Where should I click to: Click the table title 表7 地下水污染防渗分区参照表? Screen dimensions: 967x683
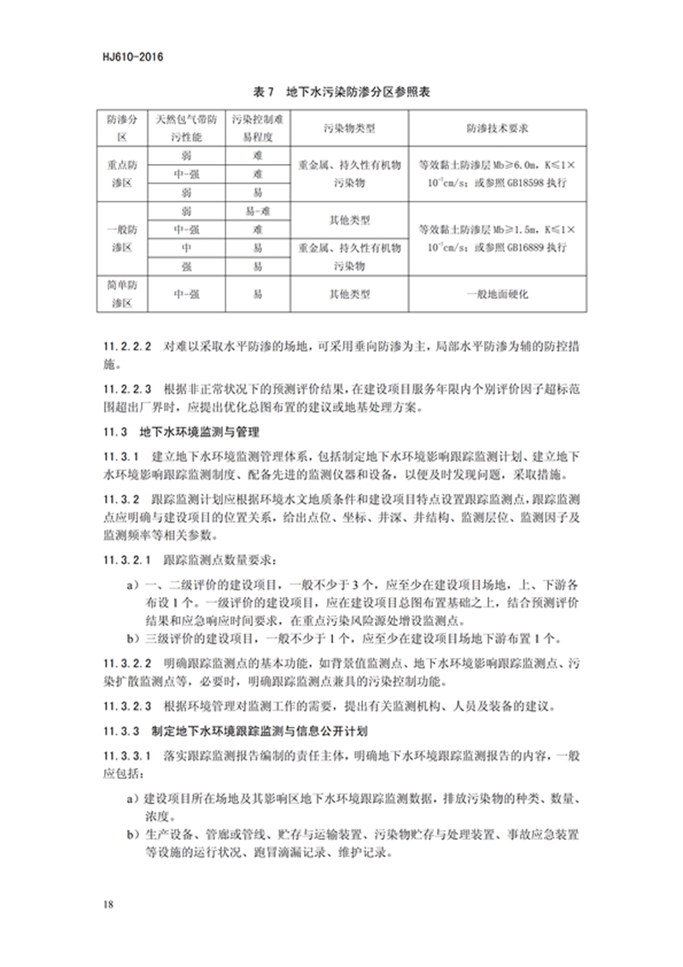[x=341, y=91]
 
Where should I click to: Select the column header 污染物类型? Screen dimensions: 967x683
[x=348, y=129]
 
